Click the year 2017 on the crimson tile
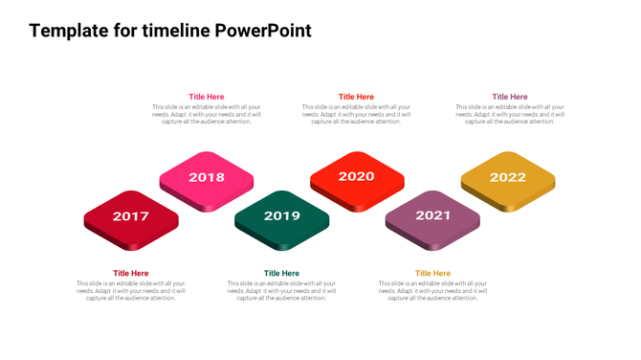[131, 216]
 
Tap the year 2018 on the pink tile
[207, 177]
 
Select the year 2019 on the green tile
[281, 216]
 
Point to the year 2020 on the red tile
[356, 176]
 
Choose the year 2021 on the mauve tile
[432, 216]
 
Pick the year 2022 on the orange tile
[507, 177]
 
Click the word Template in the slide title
[70, 31]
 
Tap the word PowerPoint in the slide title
[262, 31]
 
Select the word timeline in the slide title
[176, 31]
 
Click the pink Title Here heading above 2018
[207, 97]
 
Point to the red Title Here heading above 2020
[356, 97]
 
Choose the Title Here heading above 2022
[510, 97]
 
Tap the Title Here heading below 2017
[131, 274]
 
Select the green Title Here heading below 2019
[281, 274]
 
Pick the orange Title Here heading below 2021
[432, 274]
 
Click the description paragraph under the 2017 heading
[131, 291]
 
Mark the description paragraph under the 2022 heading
[510, 114]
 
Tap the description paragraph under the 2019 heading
[281, 291]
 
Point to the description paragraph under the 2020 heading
[356, 114]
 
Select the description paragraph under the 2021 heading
[432, 291]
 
